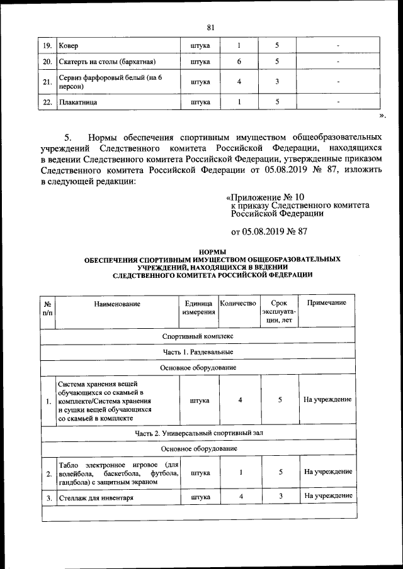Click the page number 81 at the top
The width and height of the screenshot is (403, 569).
pos(211,26)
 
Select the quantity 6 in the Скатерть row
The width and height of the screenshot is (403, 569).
pos(239,62)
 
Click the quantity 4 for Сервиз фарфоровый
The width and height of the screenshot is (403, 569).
pos(239,82)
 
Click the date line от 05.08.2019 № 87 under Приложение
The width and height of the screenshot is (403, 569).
pos(269,231)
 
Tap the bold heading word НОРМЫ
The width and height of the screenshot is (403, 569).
pos(212,251)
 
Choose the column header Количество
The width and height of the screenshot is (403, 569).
pos(238,303)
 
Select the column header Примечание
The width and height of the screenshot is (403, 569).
pos(326,303)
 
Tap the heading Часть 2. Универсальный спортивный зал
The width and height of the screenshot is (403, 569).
pos(199,433)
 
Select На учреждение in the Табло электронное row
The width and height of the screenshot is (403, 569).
pos(327,472)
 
